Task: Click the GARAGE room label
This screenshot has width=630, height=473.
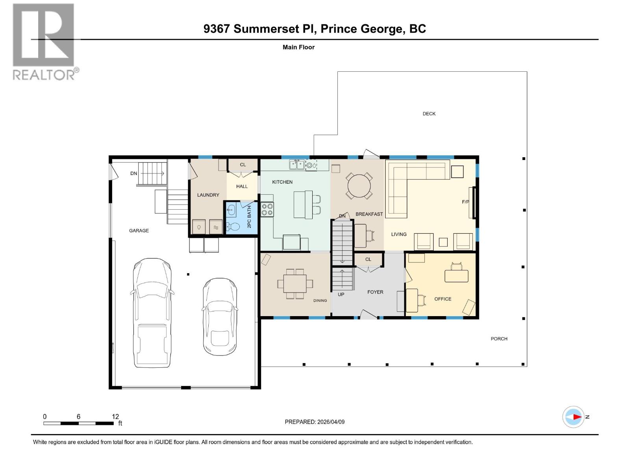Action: point(139,231)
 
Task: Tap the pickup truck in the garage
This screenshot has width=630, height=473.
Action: point(152,313)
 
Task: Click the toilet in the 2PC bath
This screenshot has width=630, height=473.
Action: point(233,226)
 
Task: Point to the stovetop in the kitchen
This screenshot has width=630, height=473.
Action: point(267,209)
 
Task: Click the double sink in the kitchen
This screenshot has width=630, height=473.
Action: point(296,164)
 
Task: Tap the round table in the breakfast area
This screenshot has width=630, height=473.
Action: point(359,186)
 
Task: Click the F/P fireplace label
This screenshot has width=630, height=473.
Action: point(465,202)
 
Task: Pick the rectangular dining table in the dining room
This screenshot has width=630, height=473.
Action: point(295,283)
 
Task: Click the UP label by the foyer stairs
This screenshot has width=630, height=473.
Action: point(341,294)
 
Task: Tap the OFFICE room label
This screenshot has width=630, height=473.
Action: point(443,299)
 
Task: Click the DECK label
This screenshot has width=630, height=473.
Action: point(429,114)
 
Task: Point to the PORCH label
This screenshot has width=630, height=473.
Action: point(499,339)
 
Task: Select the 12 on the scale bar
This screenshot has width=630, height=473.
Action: point(115,417)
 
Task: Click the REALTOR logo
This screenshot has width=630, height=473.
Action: point(44,41)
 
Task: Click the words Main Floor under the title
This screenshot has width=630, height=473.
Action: point(298,47)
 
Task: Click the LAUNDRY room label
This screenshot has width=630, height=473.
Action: point(208,195)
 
